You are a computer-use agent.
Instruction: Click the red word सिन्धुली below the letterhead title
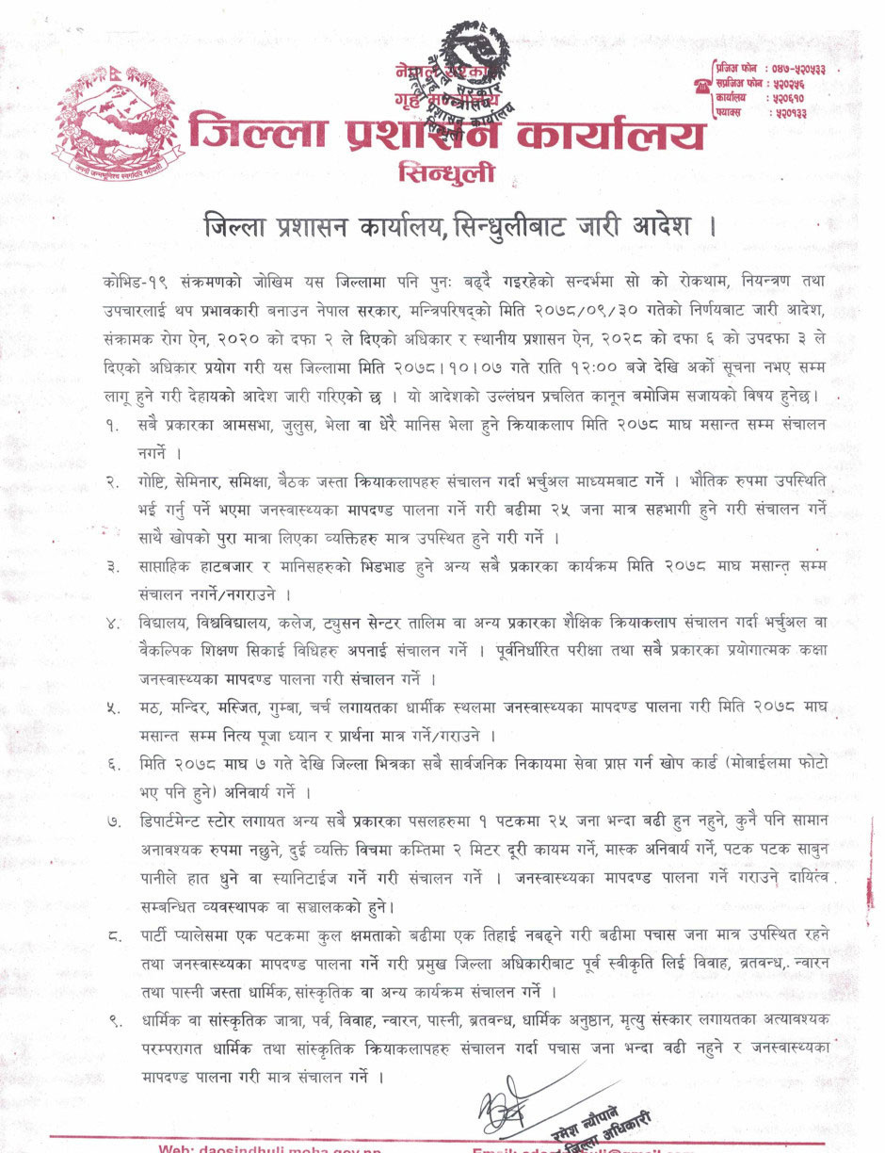(446, 174)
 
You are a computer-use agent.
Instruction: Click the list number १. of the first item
(113, 425)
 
